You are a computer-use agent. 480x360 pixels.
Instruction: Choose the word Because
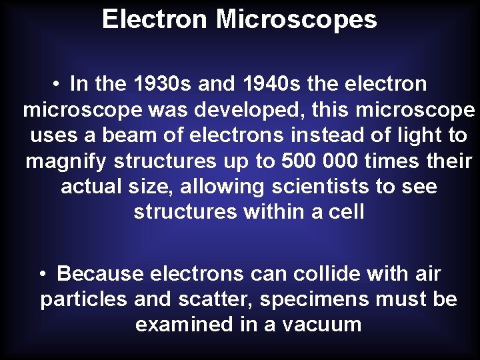(100, 274)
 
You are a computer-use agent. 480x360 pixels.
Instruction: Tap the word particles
(83, 299)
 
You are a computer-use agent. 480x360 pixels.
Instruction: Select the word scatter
(215, 299)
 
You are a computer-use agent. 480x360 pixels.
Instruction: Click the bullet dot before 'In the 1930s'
(59, 85)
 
